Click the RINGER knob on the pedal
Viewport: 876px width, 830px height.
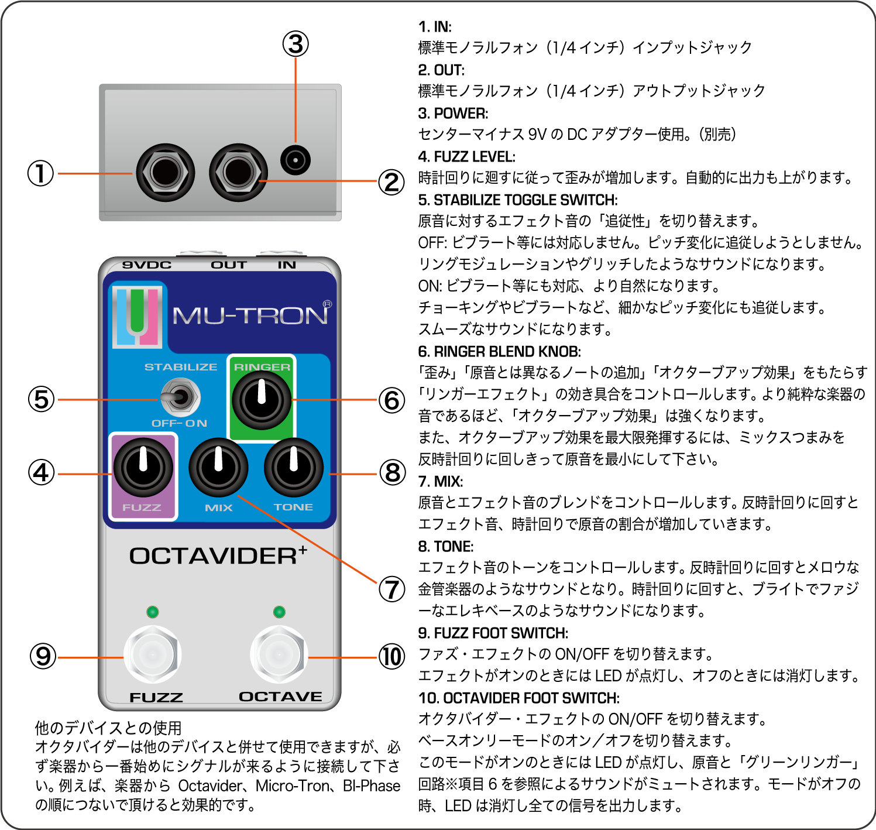point(261,400)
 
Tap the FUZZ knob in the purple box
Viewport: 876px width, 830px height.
point(143,468)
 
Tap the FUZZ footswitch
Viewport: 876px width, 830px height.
point(152,654)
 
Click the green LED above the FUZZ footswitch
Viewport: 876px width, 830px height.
point(153,612)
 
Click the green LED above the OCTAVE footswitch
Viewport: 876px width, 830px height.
point(279,612)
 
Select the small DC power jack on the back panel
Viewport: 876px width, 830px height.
point(295,160)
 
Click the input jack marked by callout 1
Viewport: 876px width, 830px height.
point(165,173)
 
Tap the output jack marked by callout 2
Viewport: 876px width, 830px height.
point(238,173)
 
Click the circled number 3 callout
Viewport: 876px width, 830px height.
point(296,44)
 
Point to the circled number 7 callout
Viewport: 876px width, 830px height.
point(391,589)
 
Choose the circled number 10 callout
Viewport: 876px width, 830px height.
point(391,657)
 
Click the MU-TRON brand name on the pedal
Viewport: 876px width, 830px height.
point(250,316)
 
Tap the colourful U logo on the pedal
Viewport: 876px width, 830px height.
point(138,316)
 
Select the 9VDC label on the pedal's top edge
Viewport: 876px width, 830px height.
point(147,265)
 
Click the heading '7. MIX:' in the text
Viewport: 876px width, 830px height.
point(440,481)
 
